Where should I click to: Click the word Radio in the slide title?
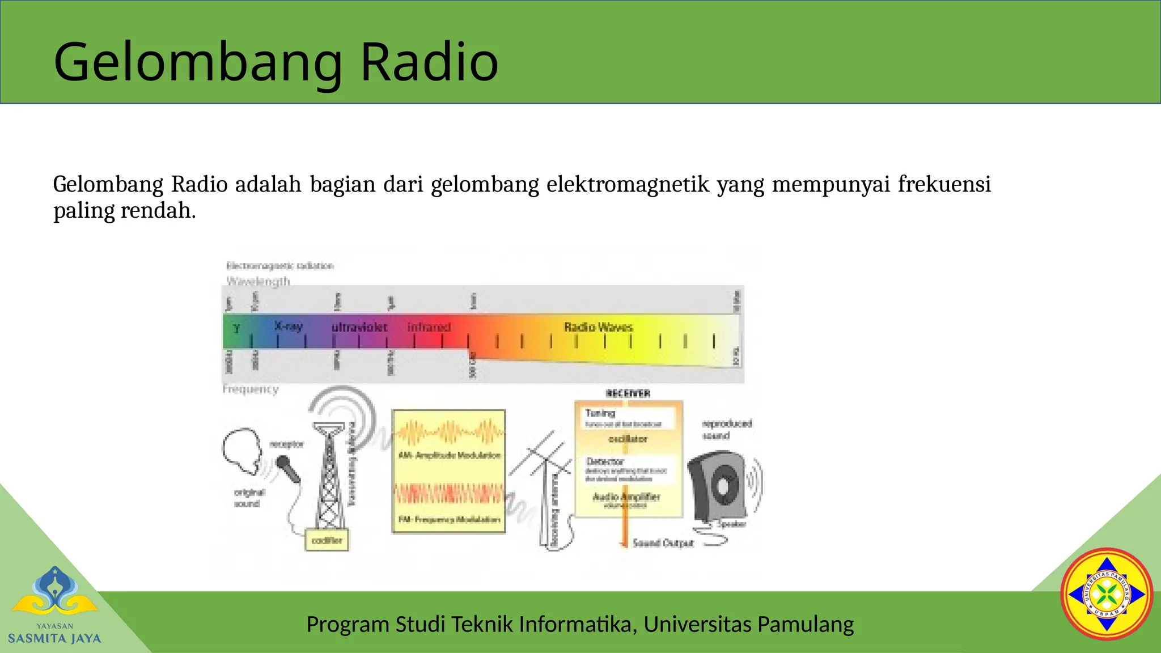(x=429, y=62)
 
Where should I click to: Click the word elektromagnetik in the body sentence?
(x=628, y=185)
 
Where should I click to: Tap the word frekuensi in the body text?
(x=944, y=185)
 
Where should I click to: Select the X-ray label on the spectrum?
(x=289, y=326)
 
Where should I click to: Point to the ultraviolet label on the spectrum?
(x=359, y=328)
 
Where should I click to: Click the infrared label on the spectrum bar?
(x=429, y=327)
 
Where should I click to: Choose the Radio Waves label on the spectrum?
(x=598, y=327)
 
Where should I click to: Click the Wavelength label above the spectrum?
(x=258, y=281)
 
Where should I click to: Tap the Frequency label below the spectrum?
(x=251, y=389)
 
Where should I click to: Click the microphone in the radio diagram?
(x=288, y=469)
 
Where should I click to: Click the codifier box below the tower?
(x=327, y=540)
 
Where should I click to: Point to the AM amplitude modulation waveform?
(x=448, y=433)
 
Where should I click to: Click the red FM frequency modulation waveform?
(x=448, y=493)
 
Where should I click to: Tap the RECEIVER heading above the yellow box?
(x=628, y=393)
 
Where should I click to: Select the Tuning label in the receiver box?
(x=600, y=413)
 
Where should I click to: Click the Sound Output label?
(x=663, y=543)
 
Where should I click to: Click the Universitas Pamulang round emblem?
(x=1107, y=594)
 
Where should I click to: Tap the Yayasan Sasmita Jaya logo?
(x=55, y=605)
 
